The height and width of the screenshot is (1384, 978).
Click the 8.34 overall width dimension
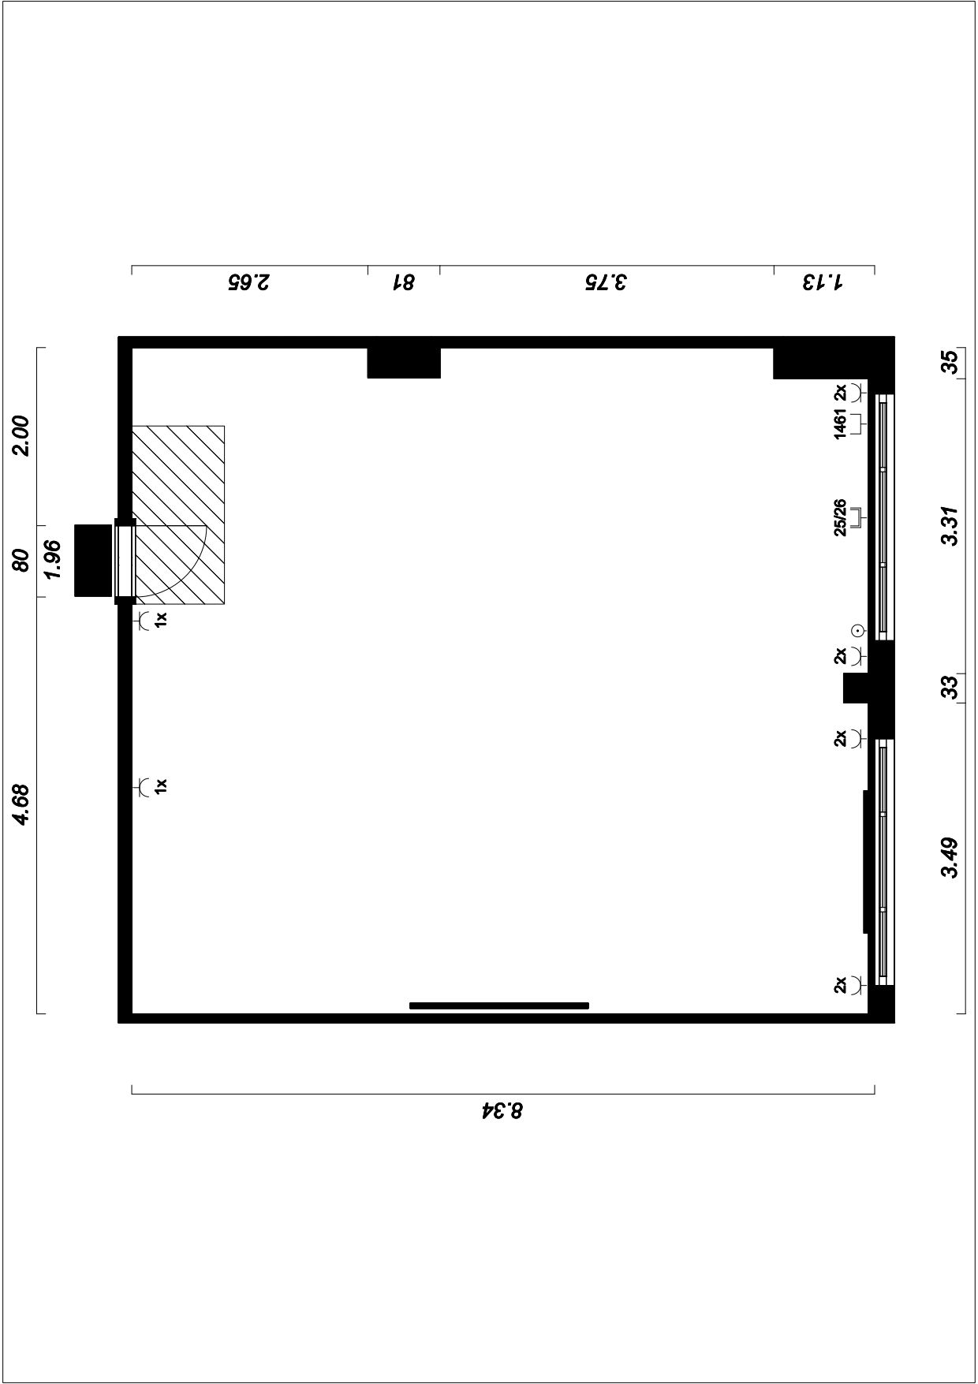point(502,1111)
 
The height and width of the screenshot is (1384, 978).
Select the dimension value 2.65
point(248,282)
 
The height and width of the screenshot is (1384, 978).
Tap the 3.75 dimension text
point(606,282)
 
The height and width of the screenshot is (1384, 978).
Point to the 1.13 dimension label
point(823,282)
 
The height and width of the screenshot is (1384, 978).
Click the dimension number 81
point(404,282)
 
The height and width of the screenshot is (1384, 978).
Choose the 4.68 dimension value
point(22,804)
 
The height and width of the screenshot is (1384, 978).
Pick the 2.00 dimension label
point(22,435)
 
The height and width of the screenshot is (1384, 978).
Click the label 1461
point(840,424)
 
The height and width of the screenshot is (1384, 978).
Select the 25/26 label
point(840,517)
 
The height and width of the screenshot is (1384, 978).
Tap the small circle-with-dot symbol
point(858,630)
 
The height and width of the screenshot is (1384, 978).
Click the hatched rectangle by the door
point(178,515)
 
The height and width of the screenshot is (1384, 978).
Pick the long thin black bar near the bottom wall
point(499,1005)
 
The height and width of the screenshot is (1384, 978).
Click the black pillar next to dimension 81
point(404,363)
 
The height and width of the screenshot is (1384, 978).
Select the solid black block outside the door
point(93,560)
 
